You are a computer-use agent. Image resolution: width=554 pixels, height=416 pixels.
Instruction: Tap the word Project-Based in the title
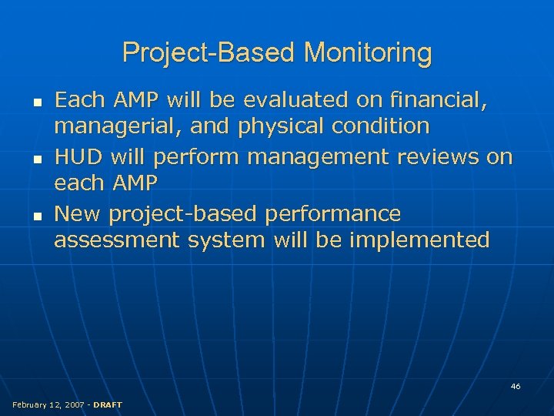[x=209, y=53]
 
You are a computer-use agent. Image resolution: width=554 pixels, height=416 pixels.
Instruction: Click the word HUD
[x=79, y=157]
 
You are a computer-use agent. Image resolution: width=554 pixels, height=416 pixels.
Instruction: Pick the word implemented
[x=419, y=240]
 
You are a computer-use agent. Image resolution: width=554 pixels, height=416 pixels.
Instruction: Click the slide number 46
[x=516, y=386]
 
